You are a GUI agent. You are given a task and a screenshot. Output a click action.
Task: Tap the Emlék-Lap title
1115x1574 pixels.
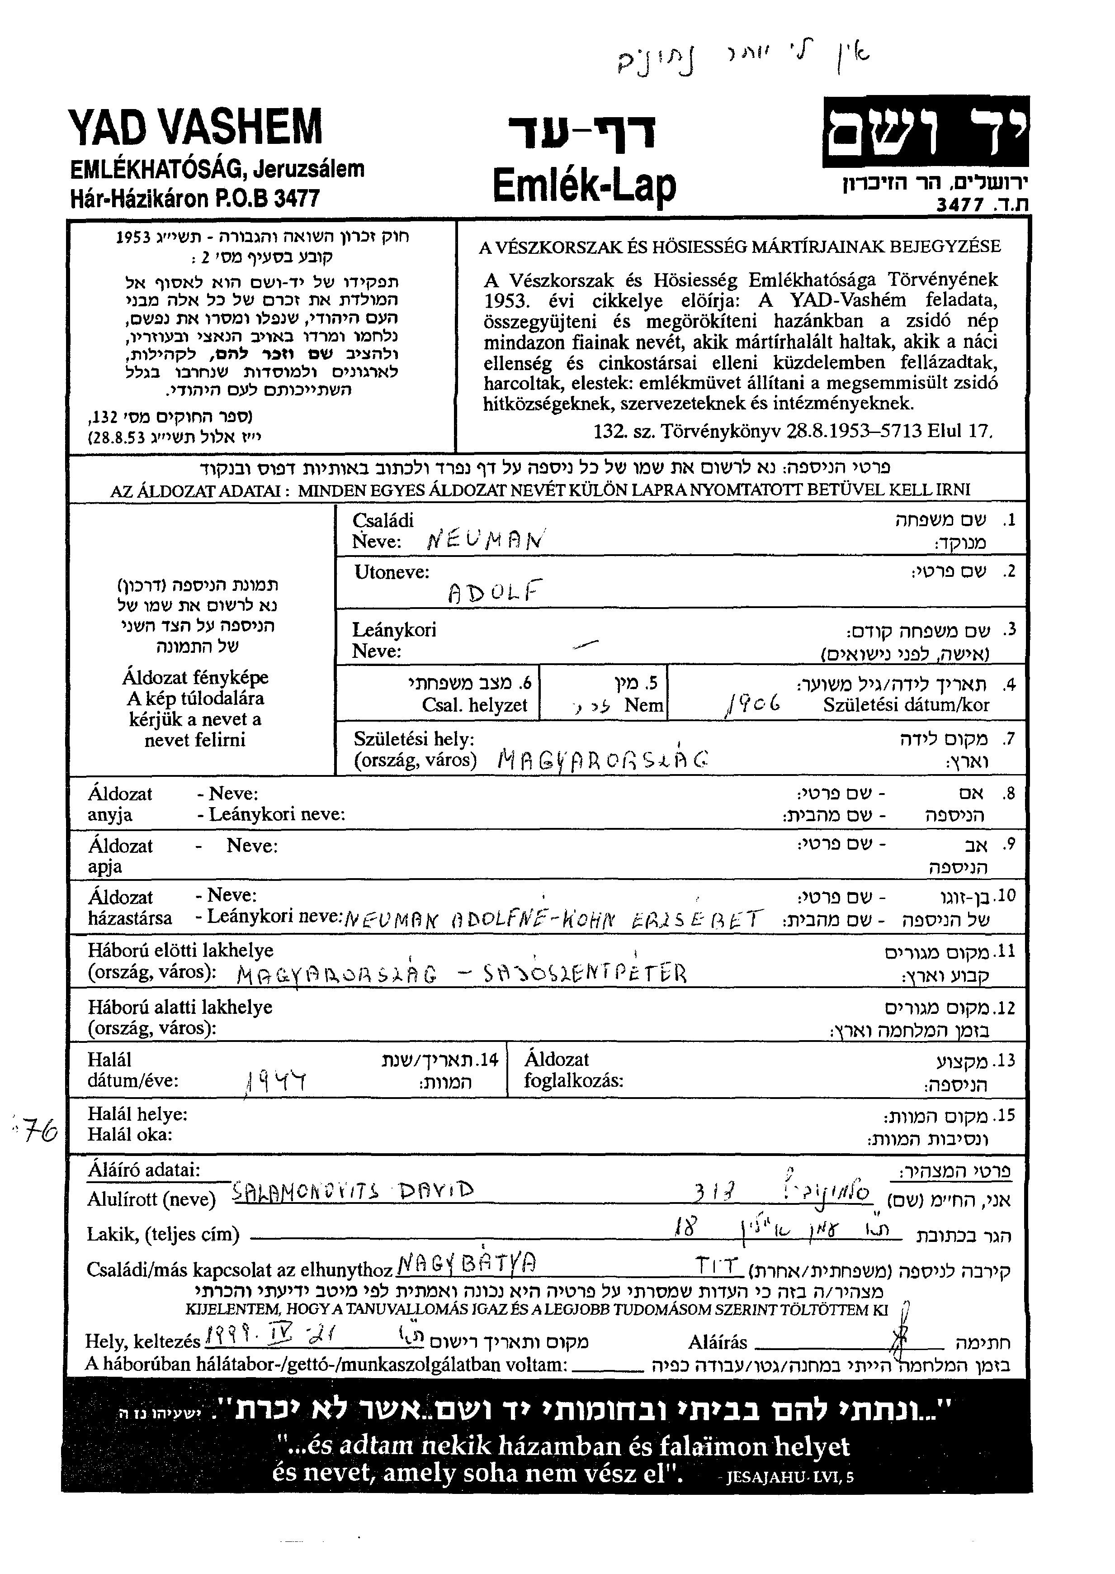point(584,184)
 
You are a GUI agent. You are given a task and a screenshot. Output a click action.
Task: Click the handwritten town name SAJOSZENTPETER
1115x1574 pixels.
point(585,973)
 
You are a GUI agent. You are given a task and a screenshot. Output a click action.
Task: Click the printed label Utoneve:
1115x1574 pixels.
point(392,572)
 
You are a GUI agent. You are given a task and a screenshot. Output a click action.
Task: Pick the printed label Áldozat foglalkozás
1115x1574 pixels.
point(573,1070)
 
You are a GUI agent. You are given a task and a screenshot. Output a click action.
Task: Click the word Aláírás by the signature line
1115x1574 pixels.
point(718,1342)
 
